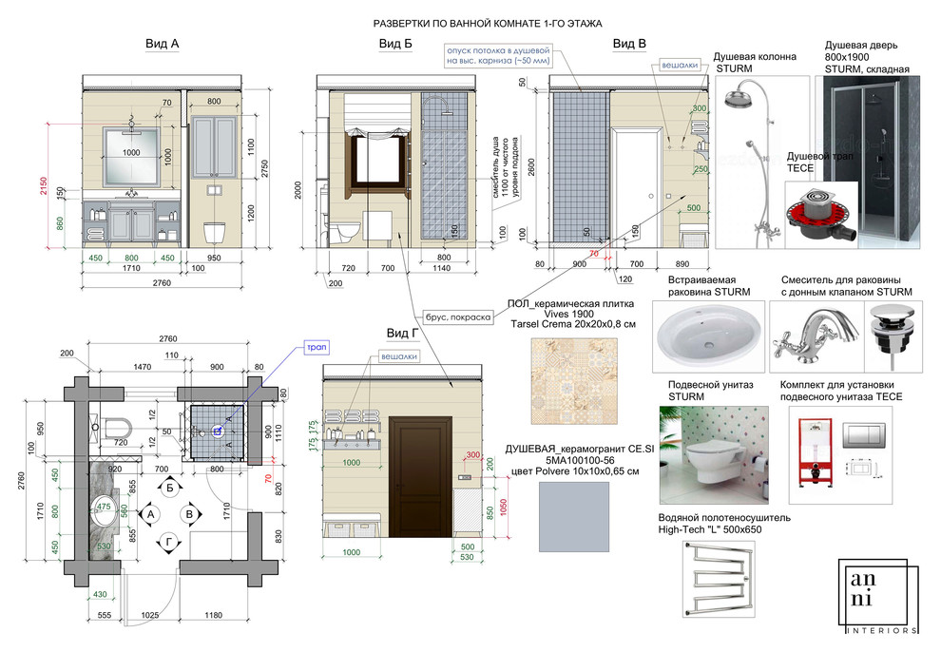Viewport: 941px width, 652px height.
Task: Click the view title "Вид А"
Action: [163, 44]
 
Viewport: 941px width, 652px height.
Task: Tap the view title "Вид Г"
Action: [402, 333]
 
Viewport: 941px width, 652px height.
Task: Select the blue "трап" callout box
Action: [316, 349]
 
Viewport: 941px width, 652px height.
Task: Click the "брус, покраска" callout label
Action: [456, 317]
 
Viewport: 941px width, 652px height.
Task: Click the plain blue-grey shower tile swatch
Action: [567, 511]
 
